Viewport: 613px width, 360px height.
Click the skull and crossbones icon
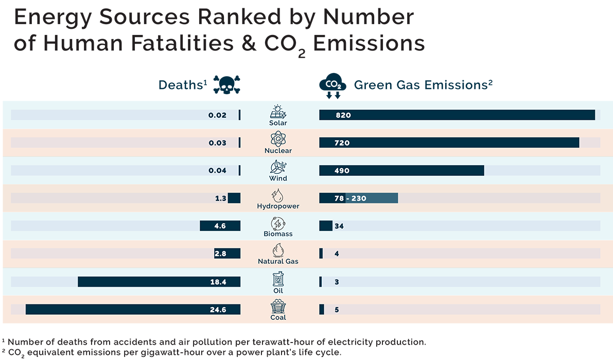[227, 85]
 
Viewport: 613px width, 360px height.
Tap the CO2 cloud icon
[332, 85]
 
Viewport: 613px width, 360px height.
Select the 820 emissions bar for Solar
[457, 115]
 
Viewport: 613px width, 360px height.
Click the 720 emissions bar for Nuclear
[449, 142]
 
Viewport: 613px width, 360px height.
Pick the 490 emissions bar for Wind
[401, 170]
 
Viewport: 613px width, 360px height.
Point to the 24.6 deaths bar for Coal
[133, 309]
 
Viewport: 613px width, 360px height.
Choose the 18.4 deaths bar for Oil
[159, 281]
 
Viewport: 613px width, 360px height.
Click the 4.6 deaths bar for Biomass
[220, 226]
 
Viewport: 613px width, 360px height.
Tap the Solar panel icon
[278, 112]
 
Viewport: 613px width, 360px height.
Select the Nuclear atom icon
[278, 139]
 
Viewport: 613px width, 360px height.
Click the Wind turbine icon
[278, 167]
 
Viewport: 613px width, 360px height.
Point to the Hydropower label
[278, 206]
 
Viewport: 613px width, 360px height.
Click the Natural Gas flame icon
[278, 250]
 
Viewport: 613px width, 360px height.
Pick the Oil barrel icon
[278, 279]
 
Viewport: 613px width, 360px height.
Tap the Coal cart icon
[278, 306]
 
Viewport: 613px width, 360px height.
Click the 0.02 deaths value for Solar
[217, 115]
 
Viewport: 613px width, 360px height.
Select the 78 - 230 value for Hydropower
[351, 198]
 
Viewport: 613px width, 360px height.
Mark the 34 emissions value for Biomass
[339, 226]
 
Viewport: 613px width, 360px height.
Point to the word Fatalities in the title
[182, 43]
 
